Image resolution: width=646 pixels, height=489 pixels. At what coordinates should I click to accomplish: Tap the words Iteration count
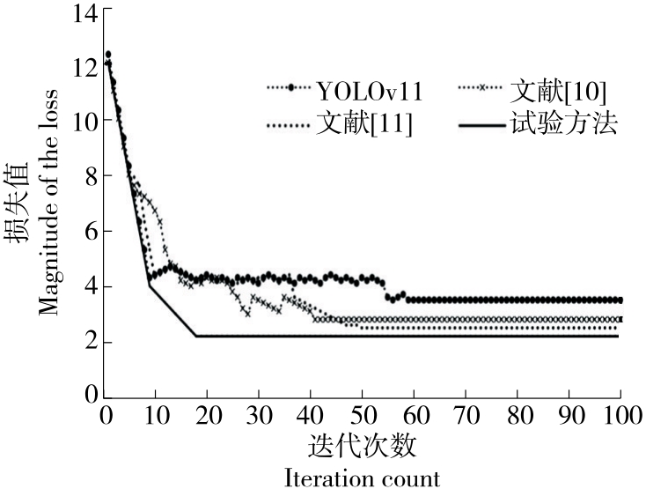363,478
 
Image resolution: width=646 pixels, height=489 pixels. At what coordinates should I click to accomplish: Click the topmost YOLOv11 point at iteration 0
107,55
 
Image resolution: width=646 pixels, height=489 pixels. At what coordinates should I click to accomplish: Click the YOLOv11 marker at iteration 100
619,300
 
